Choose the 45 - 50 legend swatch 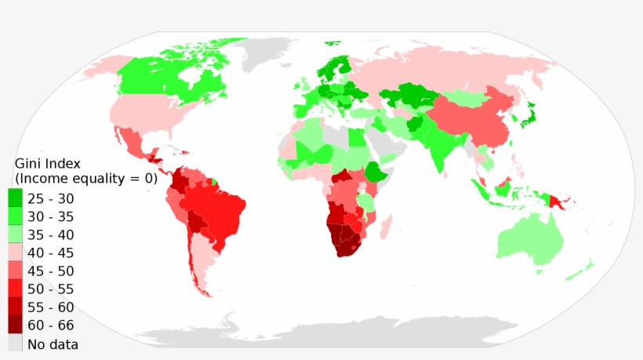pyautogui.click(x=15, y=270)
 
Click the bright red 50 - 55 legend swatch pyautogui.click(x=15, y=288)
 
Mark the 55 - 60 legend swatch pyautogui.click(x=15, y=307)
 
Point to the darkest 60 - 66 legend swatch pyautogui.click(x=15, y=325)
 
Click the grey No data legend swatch pyautogui.click(x=15, y=344)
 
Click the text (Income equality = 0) pyautogui.click(x=86, y=178)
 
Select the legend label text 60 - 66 pyautogui.click(x=51, y=325)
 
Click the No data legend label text pyautogui.click(x=53, y=344)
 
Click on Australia pyautogui.click(x=530, y=239)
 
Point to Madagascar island pyautogui.click(x=384, y=229)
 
